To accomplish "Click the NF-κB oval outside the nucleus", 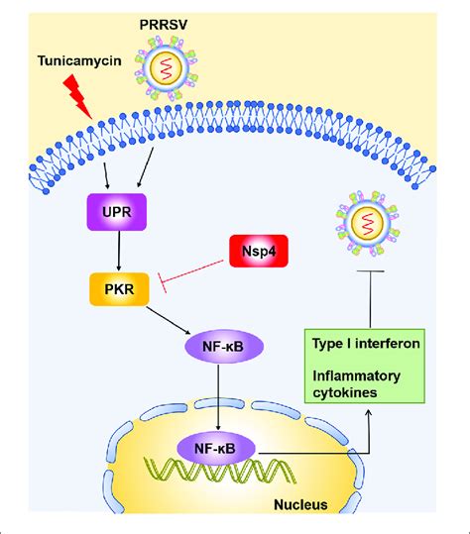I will [215, 347].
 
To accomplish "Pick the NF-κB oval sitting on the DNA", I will [215, 448].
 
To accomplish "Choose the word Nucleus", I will [301, 505].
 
